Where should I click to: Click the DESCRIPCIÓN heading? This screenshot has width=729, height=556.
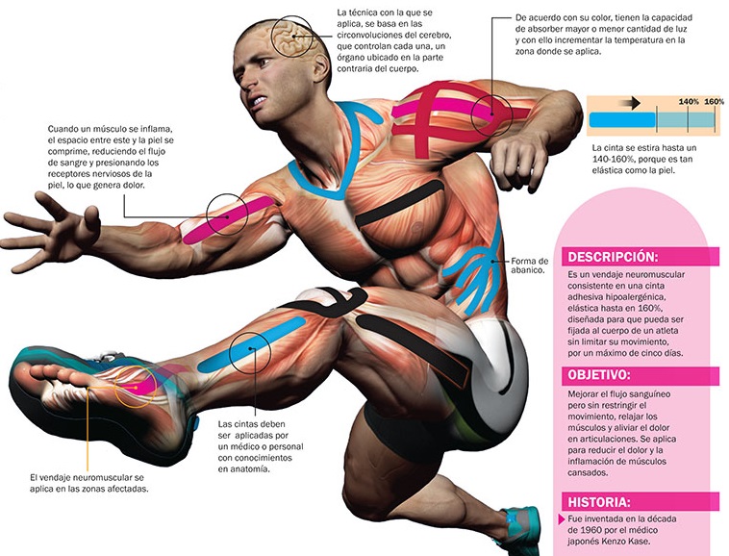click(613, 258)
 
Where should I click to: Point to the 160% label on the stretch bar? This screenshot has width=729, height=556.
click(714, 101)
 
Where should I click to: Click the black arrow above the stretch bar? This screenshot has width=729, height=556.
click(629, 101)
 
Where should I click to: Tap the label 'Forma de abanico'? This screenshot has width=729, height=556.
click(530, 266)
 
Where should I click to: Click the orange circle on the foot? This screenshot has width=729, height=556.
click(135, 385)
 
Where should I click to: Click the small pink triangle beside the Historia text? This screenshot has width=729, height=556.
click(562, 520)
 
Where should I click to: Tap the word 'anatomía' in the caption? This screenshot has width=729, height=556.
click(244, 469)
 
